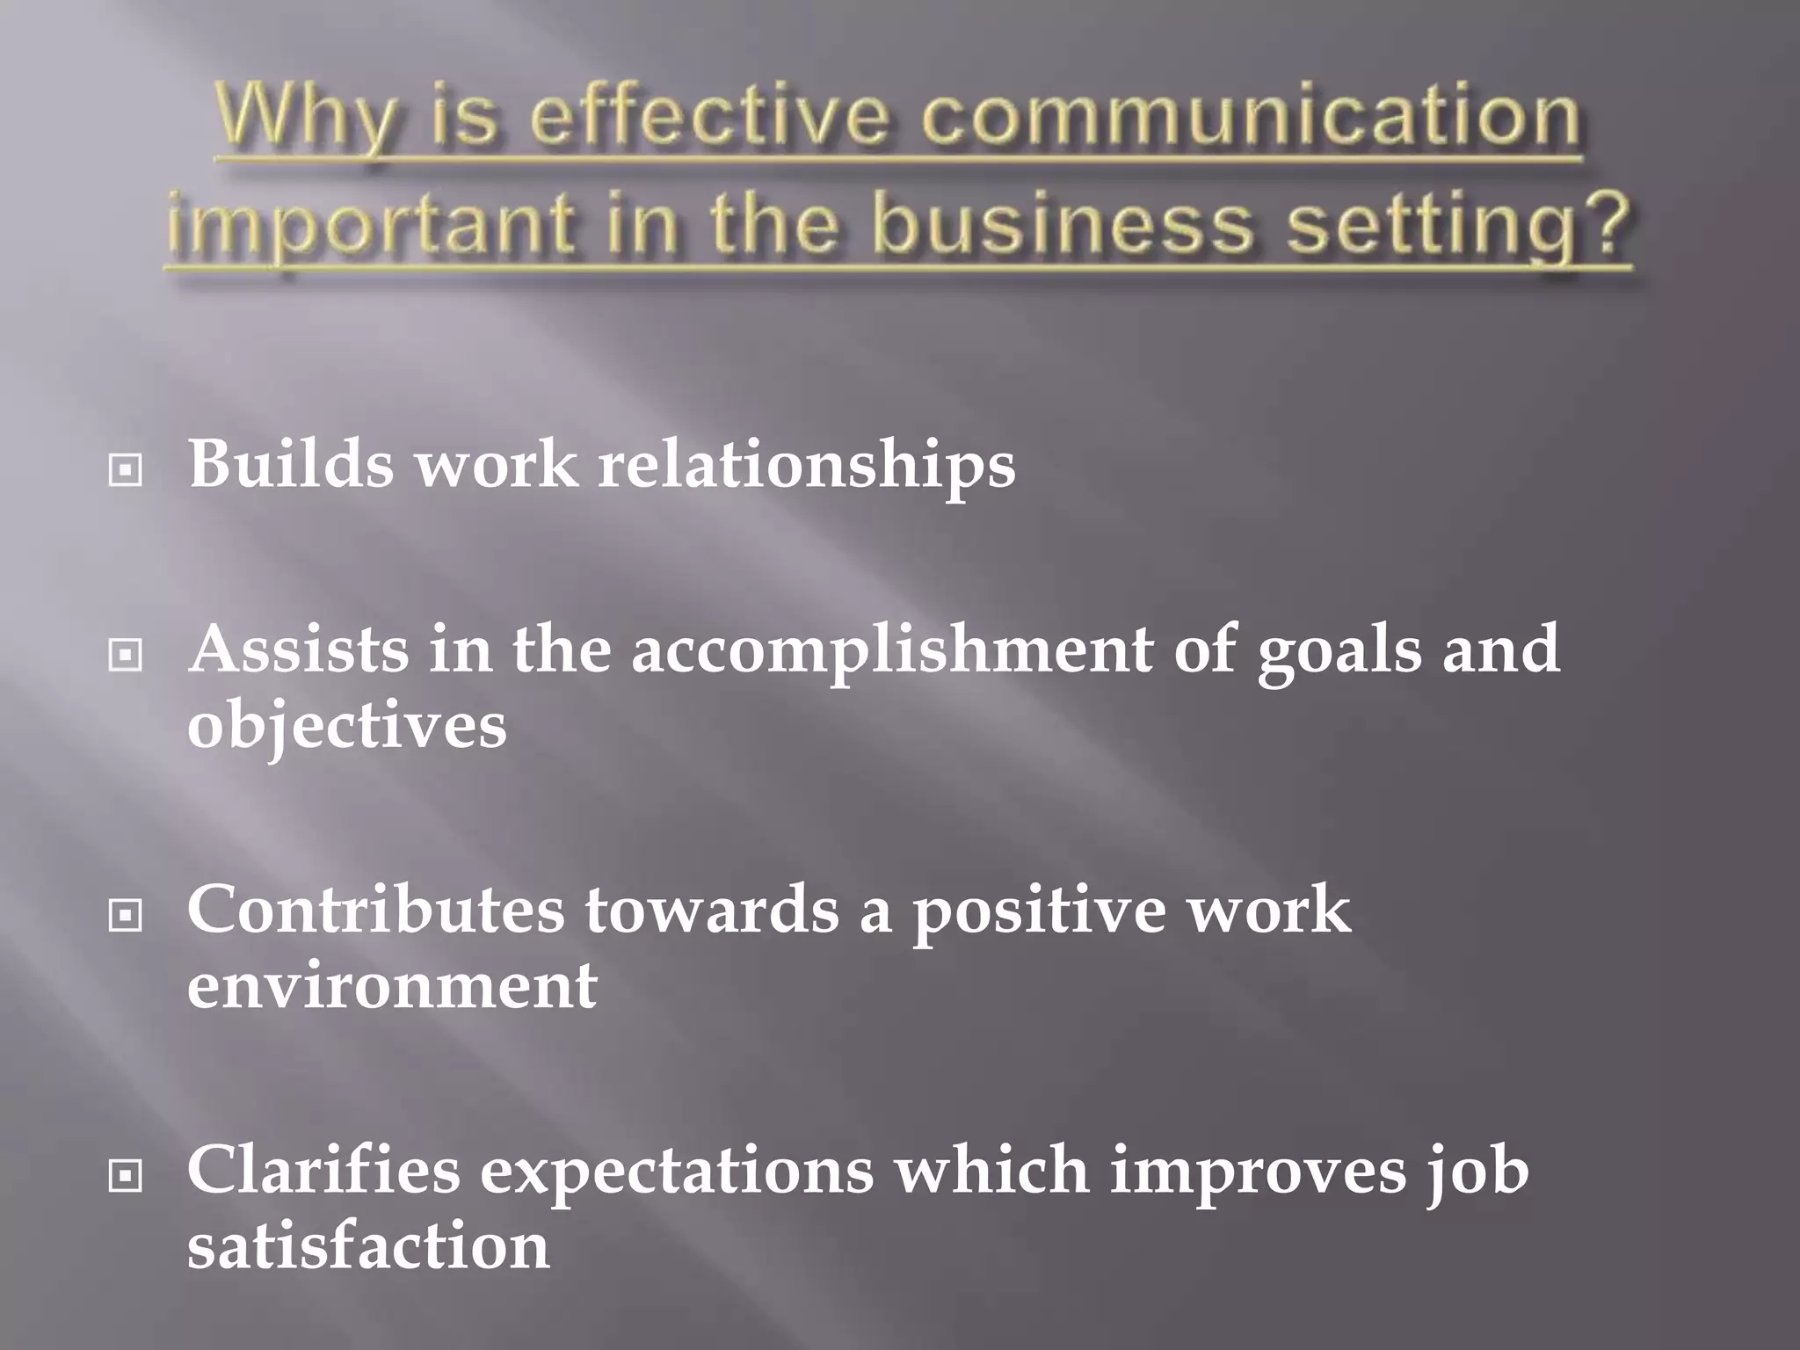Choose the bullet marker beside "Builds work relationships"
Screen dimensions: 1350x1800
tap(126, 471)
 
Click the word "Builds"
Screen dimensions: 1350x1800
tap(291, 463)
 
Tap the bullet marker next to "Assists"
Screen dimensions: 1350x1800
tap(126, 655)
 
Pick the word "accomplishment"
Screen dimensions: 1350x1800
tap(891, 650)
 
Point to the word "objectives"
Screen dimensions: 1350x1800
tap(346, 726)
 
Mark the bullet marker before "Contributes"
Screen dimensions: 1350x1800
tap(126, 917)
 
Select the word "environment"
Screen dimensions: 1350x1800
tap(392, 985)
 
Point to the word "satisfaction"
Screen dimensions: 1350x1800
tap(368, 1246)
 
